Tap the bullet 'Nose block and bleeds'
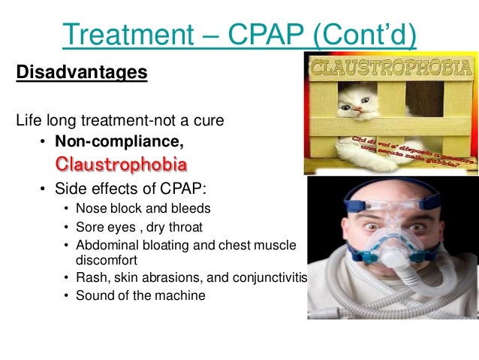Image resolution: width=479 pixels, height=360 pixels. pyautogui.click(x=143, y=208)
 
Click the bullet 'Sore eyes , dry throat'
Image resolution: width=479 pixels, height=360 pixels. pyautogui.click(x=139, y=226)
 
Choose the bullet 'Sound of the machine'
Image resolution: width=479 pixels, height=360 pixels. pyautogui.click(x=140, y=295)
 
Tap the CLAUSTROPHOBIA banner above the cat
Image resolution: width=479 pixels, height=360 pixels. pyautogui.click(x=391, y=69)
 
